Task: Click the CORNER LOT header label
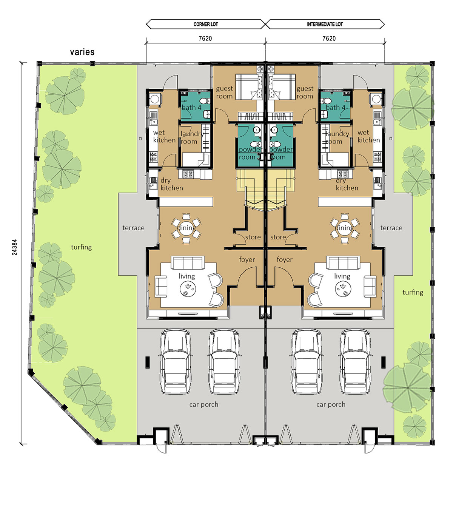206,24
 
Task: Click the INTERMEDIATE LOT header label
325,24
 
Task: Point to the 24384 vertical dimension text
15,247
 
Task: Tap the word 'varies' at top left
82,52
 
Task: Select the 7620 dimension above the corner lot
205,39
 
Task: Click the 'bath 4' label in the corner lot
191,108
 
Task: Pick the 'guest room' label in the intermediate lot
305,93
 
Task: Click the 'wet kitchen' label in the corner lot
164,136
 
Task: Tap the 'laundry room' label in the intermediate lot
337,137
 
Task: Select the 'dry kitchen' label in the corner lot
171,184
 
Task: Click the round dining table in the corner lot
186,228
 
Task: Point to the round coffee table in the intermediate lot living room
343,289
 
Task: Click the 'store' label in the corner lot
253,237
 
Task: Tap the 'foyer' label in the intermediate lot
284,260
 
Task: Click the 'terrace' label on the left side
133,228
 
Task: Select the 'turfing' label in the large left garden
81,247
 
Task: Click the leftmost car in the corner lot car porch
175,361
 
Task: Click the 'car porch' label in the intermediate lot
331,404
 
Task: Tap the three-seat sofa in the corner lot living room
188,262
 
